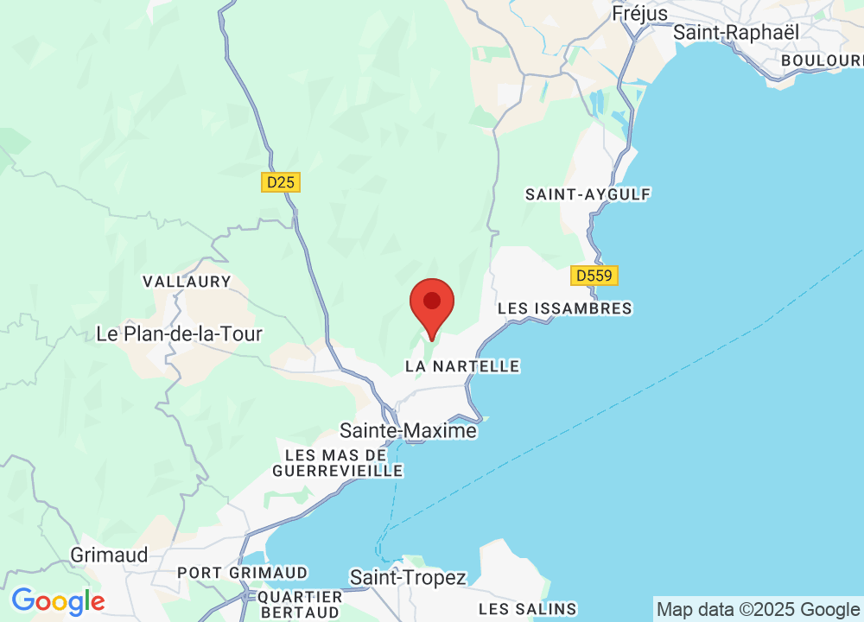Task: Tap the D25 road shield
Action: click(x=280, y=182)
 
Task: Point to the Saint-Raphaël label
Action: click(x=736, y=32)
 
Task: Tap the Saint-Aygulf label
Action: click(x=588, y=194)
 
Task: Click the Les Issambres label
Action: click(x=565, y=308)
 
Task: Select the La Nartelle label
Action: click(x=462, y=366)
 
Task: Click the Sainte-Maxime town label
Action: click(x=408, y=430)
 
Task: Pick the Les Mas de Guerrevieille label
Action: click(x=338, y=463)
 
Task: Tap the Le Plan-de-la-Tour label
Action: click(x=179, y=333)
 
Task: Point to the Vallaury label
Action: click(x=187, y=282)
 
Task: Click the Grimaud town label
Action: click(x=110, y=555)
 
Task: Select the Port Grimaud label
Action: click(x=242, y=573)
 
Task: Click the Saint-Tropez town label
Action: click(x=408, y=578)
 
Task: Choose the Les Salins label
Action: click(x=527, y=609)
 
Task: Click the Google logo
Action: click(x=58, y=601)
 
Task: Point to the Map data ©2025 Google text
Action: click(x=758, y=610)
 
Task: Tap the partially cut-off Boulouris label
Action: click(x=821, y=60)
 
